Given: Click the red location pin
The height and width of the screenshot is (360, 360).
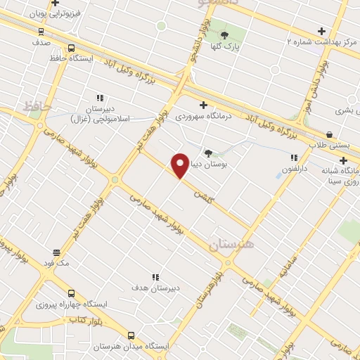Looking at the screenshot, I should point(180,165).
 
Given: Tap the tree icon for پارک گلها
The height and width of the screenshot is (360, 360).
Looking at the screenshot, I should point(225,35).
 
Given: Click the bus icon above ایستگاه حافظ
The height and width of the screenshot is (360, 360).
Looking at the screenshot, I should point(71,48).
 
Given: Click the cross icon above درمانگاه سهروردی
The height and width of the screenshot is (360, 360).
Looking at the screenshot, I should point(203,104).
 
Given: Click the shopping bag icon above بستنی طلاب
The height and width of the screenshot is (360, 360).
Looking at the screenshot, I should point(329,134).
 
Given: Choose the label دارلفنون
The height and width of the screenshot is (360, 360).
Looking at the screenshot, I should point(295,169).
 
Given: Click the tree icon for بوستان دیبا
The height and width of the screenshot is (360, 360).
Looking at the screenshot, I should point(207,153).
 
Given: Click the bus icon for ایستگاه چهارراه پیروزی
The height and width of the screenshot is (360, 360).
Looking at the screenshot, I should point(71,292).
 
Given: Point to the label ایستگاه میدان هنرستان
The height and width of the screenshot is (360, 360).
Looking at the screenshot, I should point(131,347).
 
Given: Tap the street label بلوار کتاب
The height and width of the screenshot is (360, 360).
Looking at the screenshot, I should point(84,320).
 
